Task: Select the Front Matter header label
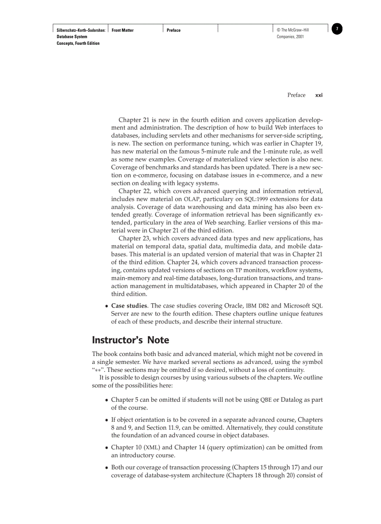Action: [x=122, y=30]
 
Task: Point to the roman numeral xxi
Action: [x=319, y=95]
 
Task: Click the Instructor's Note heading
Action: [x=130, y=340]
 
